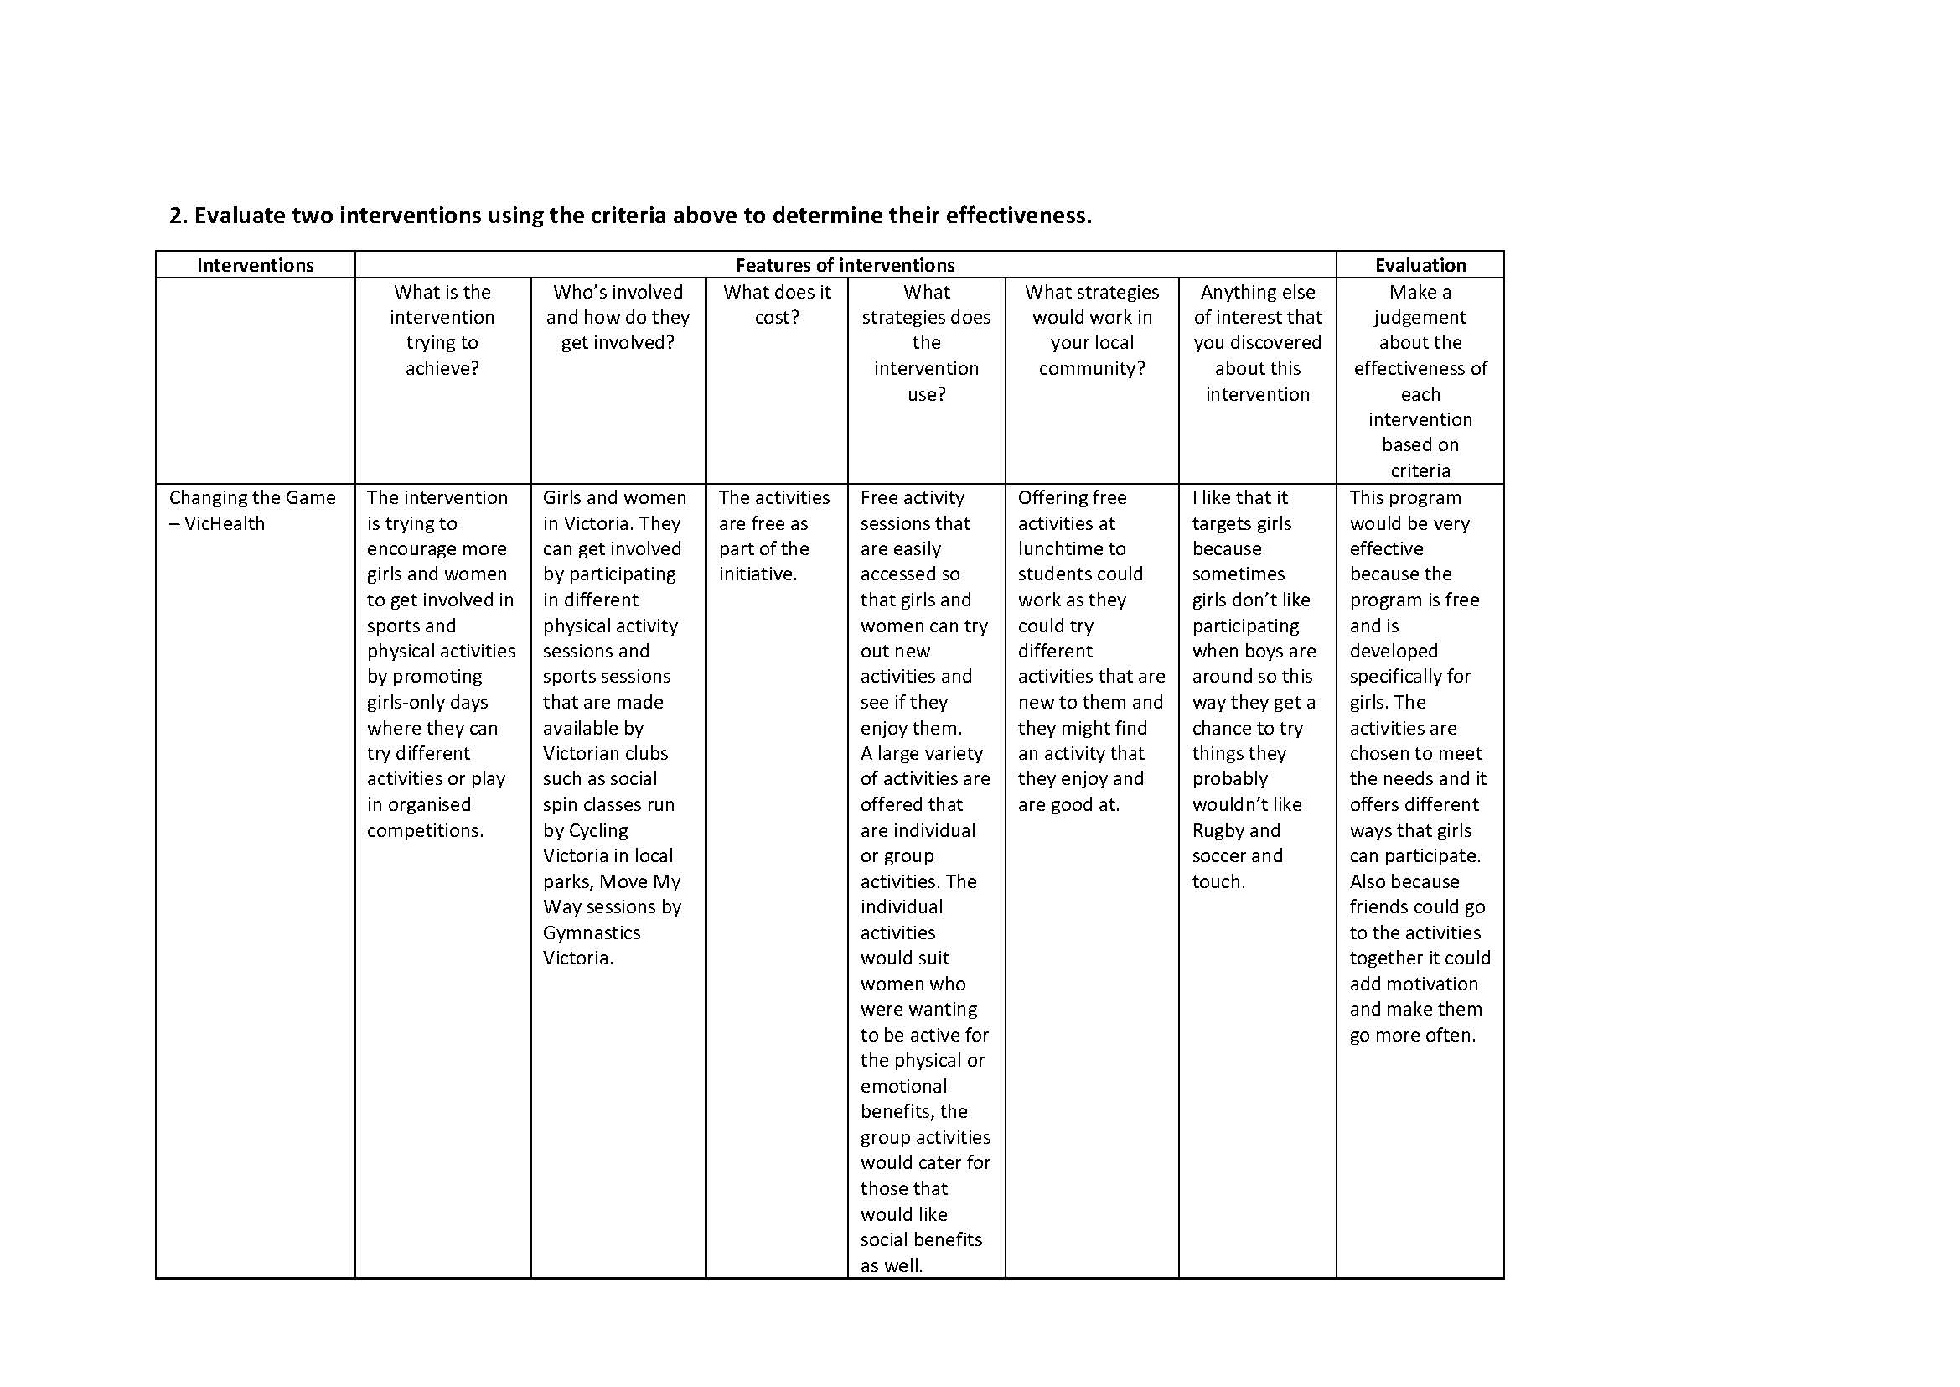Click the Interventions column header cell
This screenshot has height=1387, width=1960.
pos(256,265)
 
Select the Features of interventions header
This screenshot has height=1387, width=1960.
pos(845,265)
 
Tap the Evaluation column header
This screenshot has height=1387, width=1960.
pos(1420,265)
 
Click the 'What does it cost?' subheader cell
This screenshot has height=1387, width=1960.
pos(776,304)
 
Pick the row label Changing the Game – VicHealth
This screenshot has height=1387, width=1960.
pos(252,510)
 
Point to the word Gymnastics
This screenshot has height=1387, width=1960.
pos(591,932)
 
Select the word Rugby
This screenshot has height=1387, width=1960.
pos(1218,830)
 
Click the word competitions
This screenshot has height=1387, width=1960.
pos(424,830)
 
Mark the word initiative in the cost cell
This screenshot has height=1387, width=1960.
pos(758,574)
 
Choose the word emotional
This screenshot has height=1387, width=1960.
pos(903,1086)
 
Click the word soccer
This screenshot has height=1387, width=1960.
pos(1219,856)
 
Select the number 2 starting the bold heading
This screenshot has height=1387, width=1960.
pos(176,216)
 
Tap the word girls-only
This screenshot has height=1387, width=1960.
pos(427,702)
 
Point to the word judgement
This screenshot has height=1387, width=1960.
pos(1420,317)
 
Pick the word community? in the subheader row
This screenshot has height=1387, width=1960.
pos(1091,368)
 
